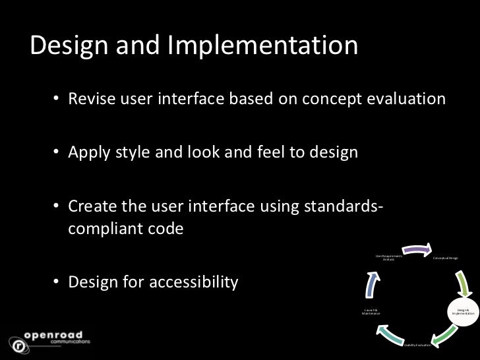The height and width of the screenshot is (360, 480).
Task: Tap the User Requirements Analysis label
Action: tap(388, 258)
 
